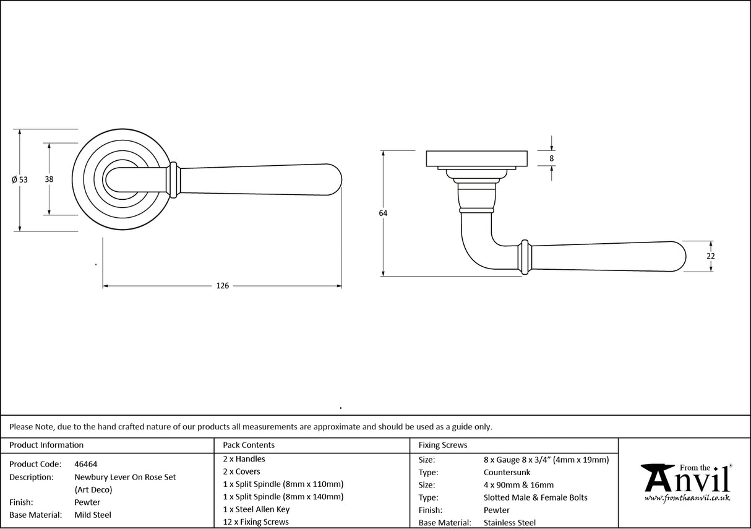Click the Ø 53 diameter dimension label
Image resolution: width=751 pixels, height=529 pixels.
20,179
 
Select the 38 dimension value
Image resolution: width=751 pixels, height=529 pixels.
49,179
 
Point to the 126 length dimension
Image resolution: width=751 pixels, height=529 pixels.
222,286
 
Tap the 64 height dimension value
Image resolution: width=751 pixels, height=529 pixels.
383,213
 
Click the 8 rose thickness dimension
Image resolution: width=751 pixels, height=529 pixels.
552,158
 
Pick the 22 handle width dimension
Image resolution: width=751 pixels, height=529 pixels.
711,256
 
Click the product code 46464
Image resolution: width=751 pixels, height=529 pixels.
85,464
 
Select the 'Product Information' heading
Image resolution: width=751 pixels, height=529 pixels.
46,445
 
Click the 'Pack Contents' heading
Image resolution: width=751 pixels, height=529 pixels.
249,445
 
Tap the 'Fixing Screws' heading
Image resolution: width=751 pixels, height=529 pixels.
443,445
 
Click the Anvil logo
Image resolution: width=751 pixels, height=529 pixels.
687,479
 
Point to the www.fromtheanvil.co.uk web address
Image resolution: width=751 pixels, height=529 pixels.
687,497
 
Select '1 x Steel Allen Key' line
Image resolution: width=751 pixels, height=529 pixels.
256,509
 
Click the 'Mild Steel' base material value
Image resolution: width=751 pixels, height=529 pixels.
93,515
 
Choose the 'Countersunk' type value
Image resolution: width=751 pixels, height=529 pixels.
507,473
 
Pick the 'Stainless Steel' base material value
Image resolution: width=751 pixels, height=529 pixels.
510,523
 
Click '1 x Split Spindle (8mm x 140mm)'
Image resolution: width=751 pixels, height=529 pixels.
283,497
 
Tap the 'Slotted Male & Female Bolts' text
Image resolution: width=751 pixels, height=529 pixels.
535,497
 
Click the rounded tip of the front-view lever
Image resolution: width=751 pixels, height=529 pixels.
337,179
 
